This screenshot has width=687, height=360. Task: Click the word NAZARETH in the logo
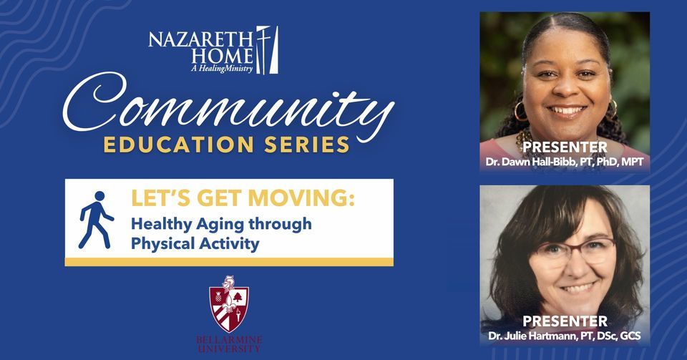pyautogui.click(x=200, y=39)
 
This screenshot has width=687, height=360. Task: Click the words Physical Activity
pyautogui.click(x=195, y=243)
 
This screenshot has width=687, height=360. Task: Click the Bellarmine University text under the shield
pyautogui.click(x=229, y=344)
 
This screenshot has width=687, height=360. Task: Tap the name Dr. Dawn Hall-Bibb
pyautogui.click(x=543, y=162)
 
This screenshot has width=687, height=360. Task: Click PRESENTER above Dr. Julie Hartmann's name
pyautogui.click(x=565, y=321)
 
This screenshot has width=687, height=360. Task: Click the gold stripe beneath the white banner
pyautogui.click(x=229, y=262)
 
